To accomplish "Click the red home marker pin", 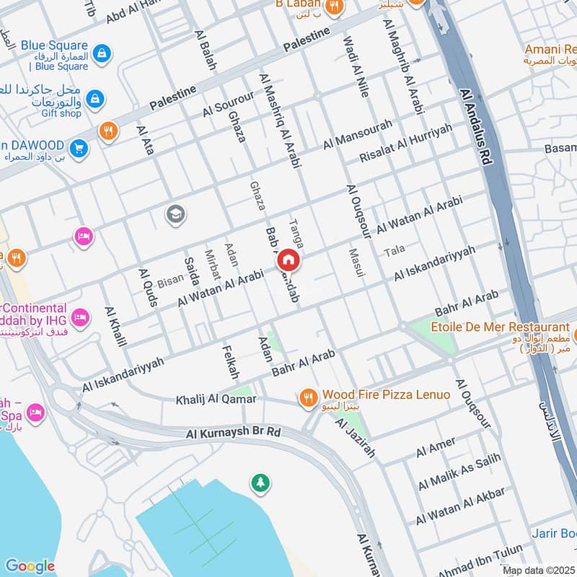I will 288,260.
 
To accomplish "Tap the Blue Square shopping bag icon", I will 103,52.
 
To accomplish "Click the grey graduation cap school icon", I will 175,213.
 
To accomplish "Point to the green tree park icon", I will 259,482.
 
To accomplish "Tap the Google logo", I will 30,566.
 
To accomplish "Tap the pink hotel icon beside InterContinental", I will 80,316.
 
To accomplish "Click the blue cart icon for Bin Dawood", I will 79,149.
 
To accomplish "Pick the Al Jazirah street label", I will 356,437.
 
